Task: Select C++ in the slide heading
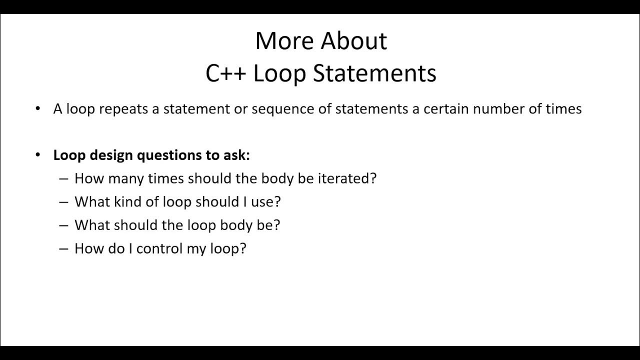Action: click(x=225, y=73)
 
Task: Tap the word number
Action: click(x=496, y=109)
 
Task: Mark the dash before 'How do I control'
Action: click(x=63, y=248)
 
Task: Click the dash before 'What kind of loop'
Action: click(x=63, y=202)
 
